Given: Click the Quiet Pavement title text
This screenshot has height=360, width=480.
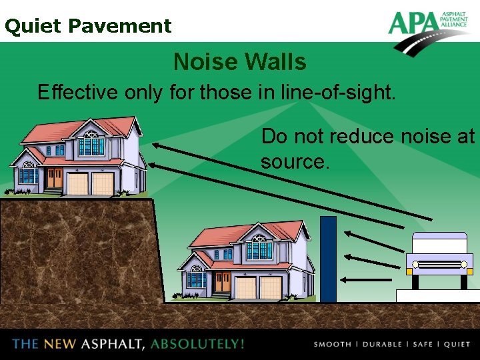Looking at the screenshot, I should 88,26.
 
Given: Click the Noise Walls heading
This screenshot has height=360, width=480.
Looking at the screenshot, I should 240,62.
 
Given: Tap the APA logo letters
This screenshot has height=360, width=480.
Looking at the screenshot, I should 413,23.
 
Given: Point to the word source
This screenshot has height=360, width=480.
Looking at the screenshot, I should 294,162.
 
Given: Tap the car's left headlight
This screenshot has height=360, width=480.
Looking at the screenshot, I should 415,265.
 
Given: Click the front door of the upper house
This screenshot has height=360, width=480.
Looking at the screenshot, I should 55,178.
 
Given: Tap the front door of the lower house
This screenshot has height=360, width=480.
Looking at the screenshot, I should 222,283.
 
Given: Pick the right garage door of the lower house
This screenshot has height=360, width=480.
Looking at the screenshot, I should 271,287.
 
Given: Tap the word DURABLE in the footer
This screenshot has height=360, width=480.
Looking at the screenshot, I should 382,345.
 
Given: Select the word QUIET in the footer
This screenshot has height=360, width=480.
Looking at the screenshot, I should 457,345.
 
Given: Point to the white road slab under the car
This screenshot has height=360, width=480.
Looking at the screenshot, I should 438,296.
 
